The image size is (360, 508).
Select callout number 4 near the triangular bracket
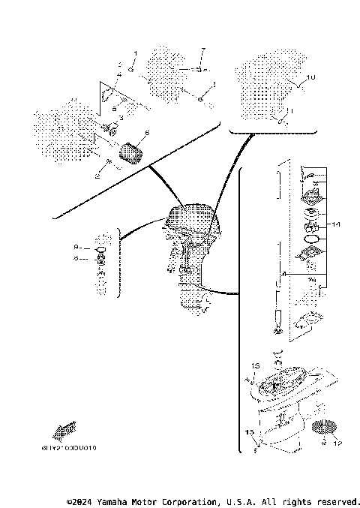(x=118, y=75)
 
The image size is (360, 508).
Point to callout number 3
(x=120, y=119)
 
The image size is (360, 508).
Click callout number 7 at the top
(x=202, y=50)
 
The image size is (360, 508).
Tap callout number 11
(x=291, y=110)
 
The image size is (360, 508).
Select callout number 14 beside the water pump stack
(x=336, y=224)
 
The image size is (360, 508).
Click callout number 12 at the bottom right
(x=336, y=443)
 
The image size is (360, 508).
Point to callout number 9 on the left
(x=76, y=246)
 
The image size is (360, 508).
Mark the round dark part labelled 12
(x=320, y=429)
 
